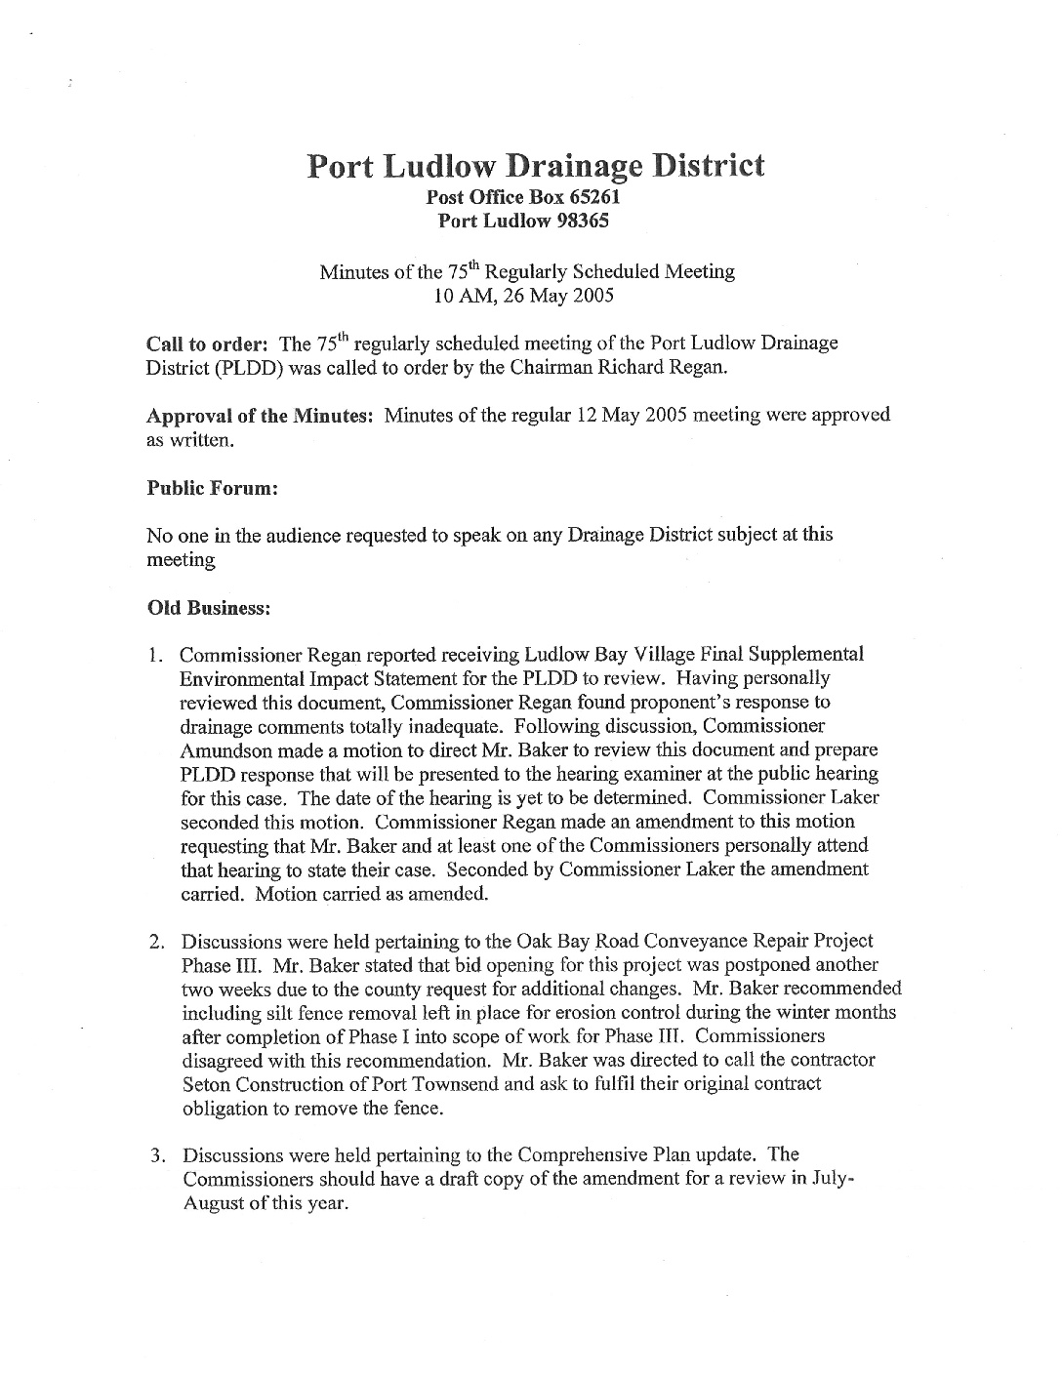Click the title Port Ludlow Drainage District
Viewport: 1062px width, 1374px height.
(536, 165)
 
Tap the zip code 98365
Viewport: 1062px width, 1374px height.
(583, 221)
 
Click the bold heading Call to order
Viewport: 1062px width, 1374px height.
(207, 344)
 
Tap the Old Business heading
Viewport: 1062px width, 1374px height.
(207, 607)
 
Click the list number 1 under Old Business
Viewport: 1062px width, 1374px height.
(154, 655)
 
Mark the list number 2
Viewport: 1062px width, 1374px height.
(155, 943)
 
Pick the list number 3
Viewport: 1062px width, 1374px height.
(155, 1157)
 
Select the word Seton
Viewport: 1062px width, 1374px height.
(205, 1085)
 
